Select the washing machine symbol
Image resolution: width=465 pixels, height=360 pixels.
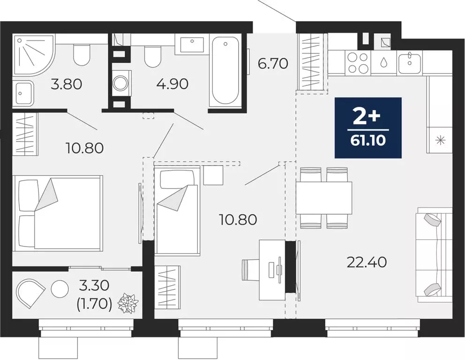(x=120, y=83)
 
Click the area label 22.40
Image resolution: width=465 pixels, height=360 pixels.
(x=367, y=262)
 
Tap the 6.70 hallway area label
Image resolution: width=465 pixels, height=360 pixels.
(x=273, y=63)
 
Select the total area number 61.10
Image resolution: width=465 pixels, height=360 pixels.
(x=367, y=140)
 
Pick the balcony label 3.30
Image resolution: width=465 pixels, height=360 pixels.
(x=94, y=285)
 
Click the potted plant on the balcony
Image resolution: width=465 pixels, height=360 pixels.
(x=128, y=303)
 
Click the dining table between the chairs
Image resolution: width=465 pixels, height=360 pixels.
(x=324, y=198)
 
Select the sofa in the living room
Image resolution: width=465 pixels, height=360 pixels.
(x=434, y=255)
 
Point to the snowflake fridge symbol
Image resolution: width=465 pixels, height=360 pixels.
(x=440, y=140)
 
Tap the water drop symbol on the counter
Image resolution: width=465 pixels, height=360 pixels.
(x=384, y=62)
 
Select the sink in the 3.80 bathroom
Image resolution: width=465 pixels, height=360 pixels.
(x=23, y=92)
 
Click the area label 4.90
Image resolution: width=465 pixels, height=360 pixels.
(x=172, y=84)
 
